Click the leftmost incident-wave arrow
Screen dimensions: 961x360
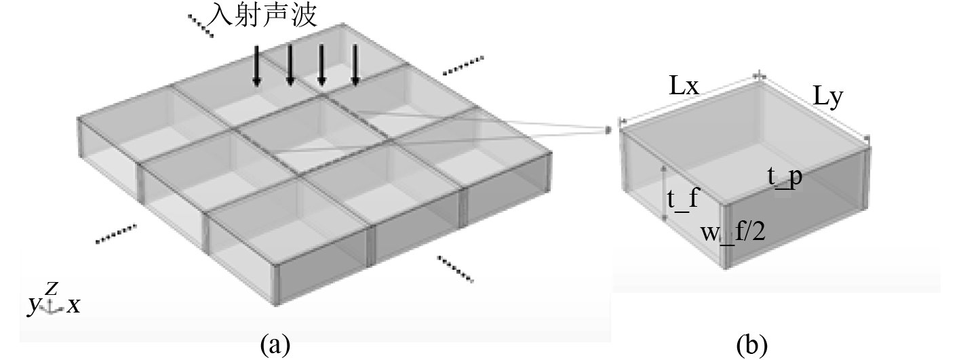tap(257, 66)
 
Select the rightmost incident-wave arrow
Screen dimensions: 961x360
tap(355, 66)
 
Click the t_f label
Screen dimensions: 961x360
tap(683, 201)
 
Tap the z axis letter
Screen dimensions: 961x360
tap(51, 288)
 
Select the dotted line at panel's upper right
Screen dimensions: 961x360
tap(463, 65)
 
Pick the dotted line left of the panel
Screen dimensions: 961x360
tap(116, 233)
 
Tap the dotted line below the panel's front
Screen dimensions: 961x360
tap(455, 268)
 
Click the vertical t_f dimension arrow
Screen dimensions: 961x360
tap(664, 193)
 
